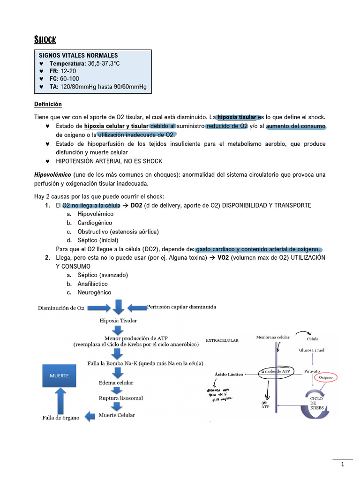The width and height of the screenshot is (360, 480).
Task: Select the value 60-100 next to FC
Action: click(x=69, y=79)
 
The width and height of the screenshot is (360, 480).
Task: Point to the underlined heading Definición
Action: click(x=48, y=104)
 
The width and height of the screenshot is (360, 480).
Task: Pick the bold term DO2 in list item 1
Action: click(x=136, y=205)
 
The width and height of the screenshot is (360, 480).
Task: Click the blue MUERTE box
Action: click(x=60, y=376)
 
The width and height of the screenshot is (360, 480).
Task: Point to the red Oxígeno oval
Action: click(x=325, y=377)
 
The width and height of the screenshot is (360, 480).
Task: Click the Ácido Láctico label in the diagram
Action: click(x=229, y=374)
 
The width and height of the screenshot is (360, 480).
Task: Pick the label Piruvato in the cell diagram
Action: click(x=312, y=371)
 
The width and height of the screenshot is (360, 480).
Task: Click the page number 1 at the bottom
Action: click(x=343, y=465)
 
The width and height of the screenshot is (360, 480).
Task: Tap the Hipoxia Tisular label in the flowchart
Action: click(x=118, y=321)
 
